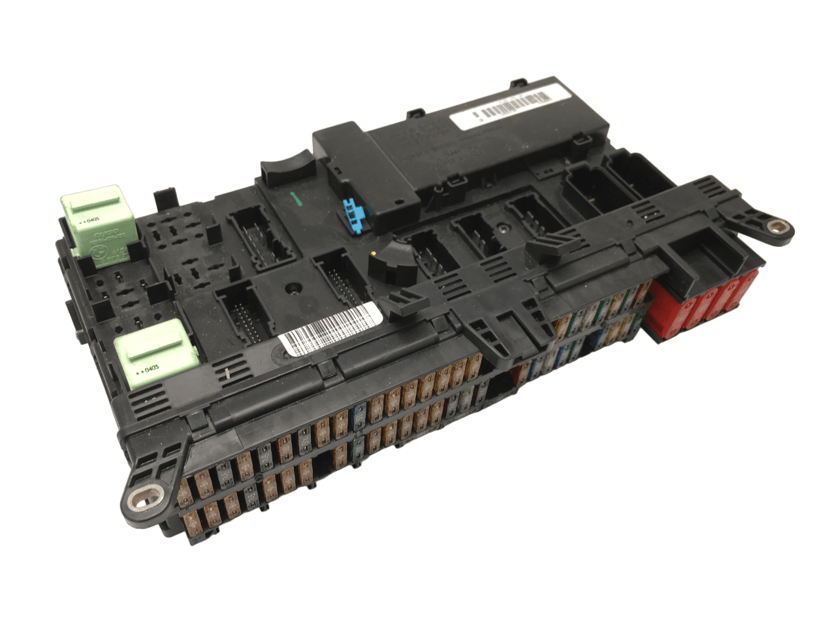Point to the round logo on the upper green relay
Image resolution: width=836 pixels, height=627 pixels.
tap(99, 248)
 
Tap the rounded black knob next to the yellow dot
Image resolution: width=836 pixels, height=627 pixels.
tap(386, 262)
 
